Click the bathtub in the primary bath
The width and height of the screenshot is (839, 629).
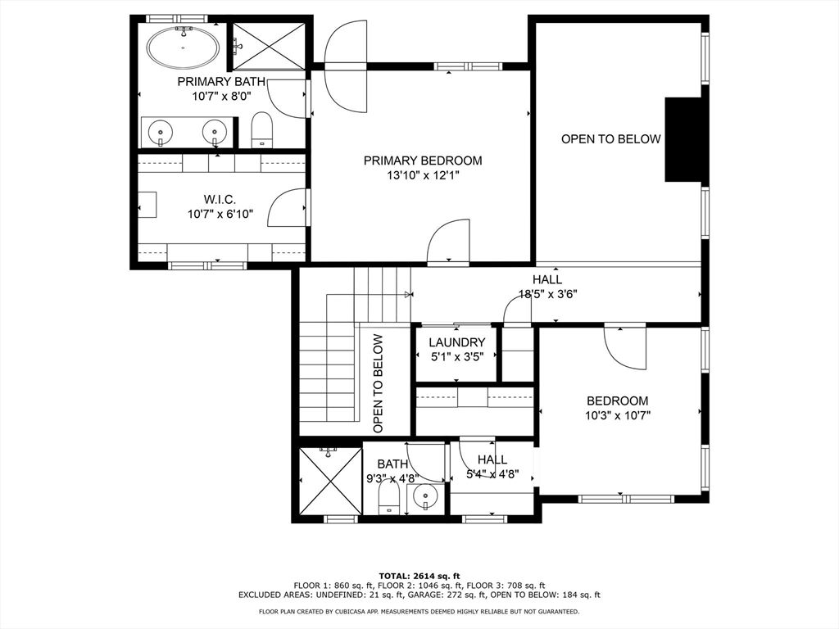[x=183, y=47]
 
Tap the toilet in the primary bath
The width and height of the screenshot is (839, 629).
[x=262, y=129]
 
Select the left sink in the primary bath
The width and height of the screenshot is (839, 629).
[x=160, y=132]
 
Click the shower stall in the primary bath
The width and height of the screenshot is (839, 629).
[x=269, y=47]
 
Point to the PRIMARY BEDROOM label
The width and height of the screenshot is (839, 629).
[x=423, y=161]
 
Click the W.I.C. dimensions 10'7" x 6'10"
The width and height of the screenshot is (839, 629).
[x=220, y=215]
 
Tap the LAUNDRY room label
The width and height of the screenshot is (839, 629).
[x=457, y=342]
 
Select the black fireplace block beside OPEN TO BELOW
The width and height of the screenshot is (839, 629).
[x=683, y=139]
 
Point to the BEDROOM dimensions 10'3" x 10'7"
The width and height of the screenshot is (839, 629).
[x=618, y=415]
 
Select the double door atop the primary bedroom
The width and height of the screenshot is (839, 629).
[x=347, y=66]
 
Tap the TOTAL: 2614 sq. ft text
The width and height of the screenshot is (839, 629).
[x=419, y=576]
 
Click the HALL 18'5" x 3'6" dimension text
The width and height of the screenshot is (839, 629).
[x=548, y=294]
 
